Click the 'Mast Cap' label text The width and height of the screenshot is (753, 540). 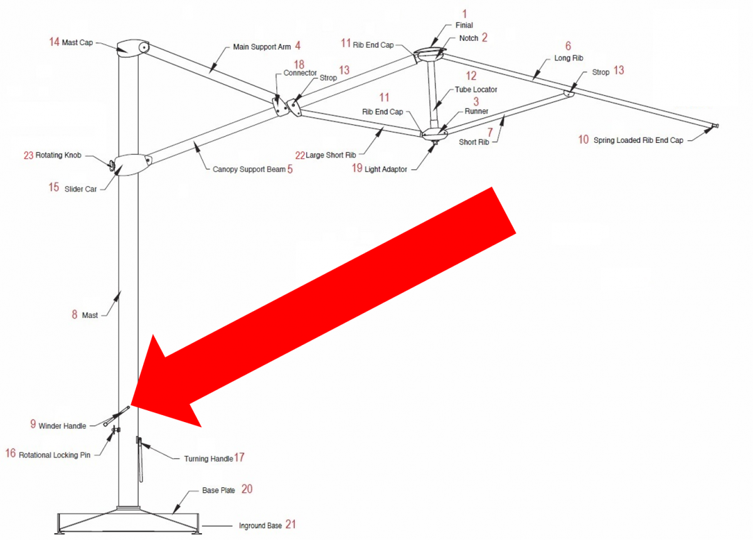(77, 43)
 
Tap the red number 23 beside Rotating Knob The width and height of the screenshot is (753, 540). (28, 156)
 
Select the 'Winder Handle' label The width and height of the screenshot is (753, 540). (62, 426)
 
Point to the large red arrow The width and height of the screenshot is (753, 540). (323, 307)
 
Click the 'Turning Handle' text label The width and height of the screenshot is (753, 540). (208, 458)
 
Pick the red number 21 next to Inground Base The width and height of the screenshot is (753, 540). (291, 524)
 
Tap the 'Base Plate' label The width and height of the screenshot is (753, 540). (218, 490)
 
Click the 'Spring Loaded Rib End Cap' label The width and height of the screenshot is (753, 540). (638, 140)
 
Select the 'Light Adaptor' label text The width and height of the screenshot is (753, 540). (385, 169)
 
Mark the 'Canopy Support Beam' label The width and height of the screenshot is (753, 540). (249, 169)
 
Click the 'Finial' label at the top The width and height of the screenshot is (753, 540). (464, 25)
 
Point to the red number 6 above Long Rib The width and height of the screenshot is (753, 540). (568, 46)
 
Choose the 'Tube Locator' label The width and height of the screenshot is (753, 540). (476, 90)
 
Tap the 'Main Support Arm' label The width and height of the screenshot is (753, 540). (262, 47)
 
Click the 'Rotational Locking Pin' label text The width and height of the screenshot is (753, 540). (55, 455)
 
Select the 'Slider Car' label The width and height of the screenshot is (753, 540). (81, 189)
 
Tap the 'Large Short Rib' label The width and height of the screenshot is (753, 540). (331, 156)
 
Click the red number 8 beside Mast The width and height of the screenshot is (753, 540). (75, 314)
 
